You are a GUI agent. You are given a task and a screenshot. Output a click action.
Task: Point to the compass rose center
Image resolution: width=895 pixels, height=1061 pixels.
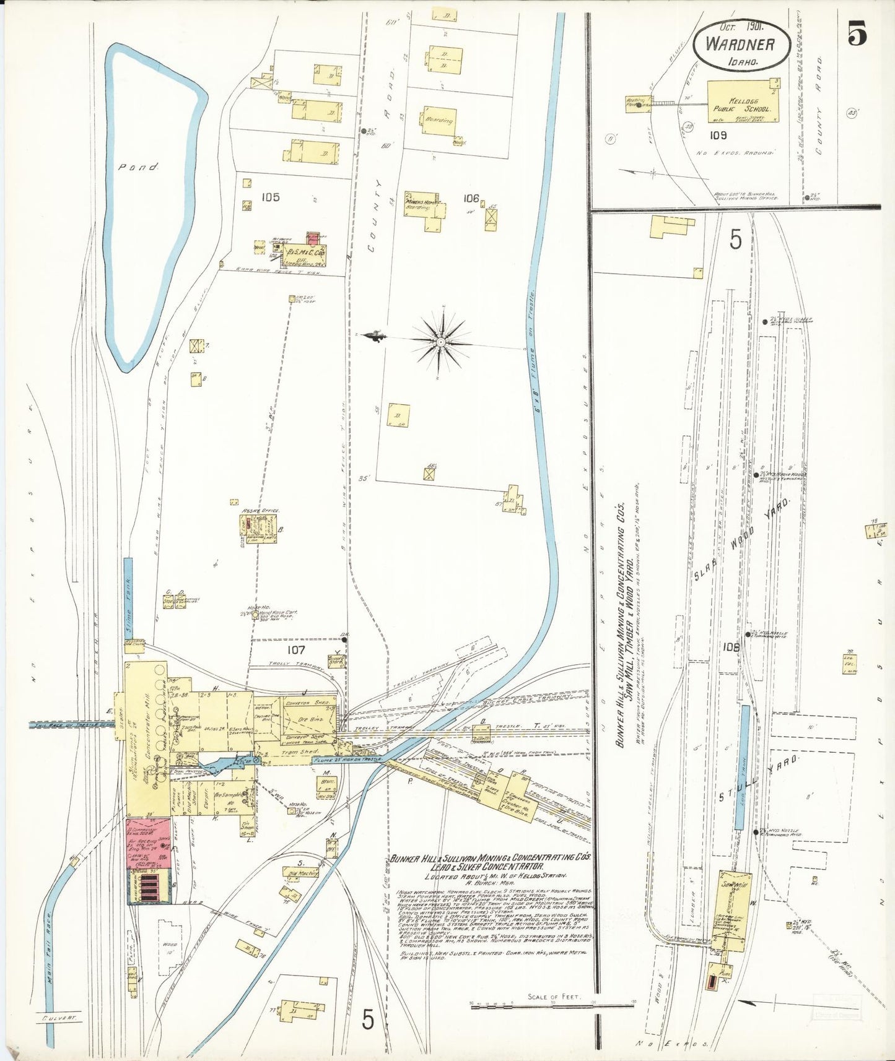[440, 341]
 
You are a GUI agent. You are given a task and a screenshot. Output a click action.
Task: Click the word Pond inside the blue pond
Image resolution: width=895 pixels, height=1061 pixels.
[139, 167]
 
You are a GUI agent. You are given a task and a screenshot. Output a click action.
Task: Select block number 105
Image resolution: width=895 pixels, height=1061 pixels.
[270, 197]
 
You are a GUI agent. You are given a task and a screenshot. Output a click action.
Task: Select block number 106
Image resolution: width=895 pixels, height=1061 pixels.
[471, 199]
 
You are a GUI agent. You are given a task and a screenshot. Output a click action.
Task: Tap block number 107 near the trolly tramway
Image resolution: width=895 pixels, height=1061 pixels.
[295, 650]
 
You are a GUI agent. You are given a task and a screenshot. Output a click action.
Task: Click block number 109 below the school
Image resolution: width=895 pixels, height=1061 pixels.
[718, 135]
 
